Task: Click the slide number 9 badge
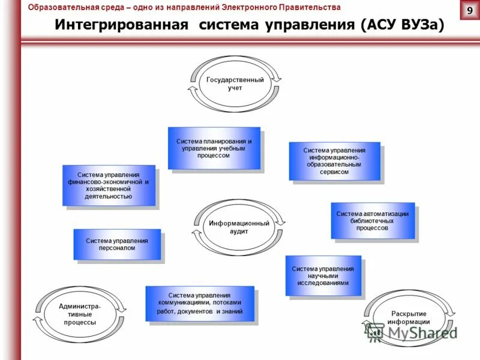pos(469,10)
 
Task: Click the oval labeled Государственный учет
pos(235,84)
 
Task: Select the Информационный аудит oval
pos(239,227)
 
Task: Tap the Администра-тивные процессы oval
pos(80,314)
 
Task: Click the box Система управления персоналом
pos(117,244)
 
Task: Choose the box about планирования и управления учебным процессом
pos(214,148)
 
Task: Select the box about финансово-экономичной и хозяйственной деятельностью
pos(109,185)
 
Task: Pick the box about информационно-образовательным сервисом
pos(334,161)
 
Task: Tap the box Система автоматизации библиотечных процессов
pos(373,220)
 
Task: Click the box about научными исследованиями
pos(323,275)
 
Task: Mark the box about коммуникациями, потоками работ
pos(200,304)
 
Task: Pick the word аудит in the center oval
pos(239,231)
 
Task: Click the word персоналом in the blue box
pos(117,248)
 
